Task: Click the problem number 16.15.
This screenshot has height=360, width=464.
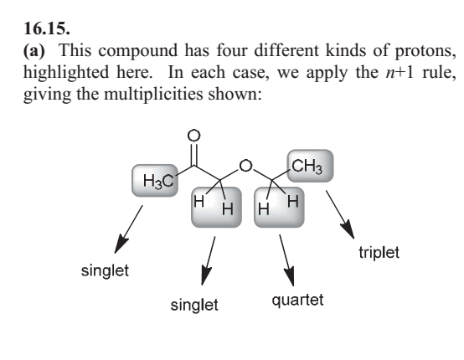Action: pyautogui.click(x=47, y=28)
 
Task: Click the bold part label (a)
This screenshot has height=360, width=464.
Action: pyautogui.click(x=34, y=50)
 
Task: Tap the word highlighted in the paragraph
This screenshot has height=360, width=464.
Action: pyautogui.click(x=65, y=73)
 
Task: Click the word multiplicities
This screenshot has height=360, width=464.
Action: pyautogui.click(x=153, y=95)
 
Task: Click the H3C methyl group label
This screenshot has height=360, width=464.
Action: pyautogui.click(x=158, y=181)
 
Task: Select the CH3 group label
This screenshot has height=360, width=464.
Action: pyautogui.click(x=307, y=167)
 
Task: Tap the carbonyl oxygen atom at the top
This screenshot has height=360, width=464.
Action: pyautogui.click(x=193, y=135)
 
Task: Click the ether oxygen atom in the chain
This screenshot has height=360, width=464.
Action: pyautogui.click(x=245, y=166)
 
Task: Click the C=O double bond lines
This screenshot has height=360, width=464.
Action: pyautogui.click(x=193, y=154)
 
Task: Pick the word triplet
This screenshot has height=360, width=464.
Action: pyautogui.click(x=379, y=253)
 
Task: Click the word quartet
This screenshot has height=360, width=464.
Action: pyautogui.click(x=297, y=301)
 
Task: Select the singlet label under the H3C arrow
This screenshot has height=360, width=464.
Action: pyautogui.click(x=105, y=270)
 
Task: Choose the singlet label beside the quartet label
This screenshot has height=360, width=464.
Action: pyautogui.click(x=194, y=305)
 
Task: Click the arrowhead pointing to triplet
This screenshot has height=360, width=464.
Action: pyautogui.click(x=348, y=229)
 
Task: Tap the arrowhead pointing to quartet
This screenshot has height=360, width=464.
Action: pyautogui.click(x=290, y=276)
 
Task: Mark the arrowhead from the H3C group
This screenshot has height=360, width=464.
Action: pyautogui.click(x=121, y=244)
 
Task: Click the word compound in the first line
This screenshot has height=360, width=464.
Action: pyautogui.click(x=138, y=51)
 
